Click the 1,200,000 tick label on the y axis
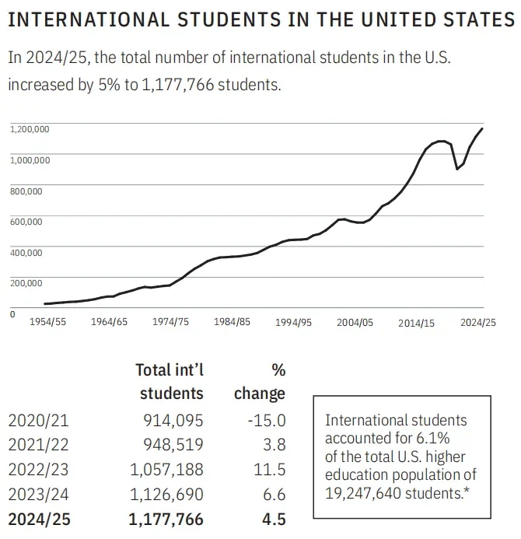[x=30, y=128]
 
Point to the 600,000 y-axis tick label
[x=26, y=222]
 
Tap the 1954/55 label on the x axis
[x=47, y=322]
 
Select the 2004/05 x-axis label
[x=355, y=322]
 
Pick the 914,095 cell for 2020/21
[x=173, y=421]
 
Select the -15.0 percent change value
[x=266, y=421]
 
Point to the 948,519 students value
[x=173, y=446]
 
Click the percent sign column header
[x=277, y=369]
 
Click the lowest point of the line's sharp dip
[x=456, y=169]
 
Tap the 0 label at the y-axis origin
[x=12, y=314]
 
